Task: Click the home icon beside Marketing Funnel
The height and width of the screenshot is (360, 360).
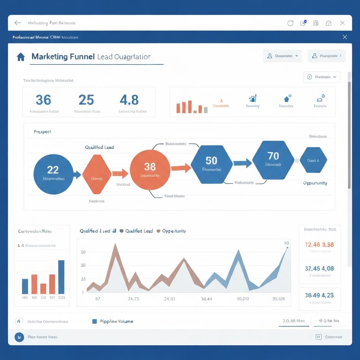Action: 21,57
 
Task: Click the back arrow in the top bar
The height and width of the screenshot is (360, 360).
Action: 18,23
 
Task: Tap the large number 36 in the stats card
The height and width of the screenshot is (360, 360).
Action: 44,100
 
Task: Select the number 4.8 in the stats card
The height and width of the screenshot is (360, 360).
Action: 129,100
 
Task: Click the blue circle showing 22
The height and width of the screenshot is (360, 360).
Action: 53,174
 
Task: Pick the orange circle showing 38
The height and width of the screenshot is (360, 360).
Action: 150,170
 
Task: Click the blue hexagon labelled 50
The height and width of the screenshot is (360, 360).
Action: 212,164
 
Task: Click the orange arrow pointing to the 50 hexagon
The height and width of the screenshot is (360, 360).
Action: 181,168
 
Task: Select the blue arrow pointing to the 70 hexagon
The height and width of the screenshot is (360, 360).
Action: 243,163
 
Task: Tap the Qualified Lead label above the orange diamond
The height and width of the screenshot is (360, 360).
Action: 99,147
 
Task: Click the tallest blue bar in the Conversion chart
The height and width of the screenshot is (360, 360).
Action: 61,277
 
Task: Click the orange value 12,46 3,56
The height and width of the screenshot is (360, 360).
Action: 319,245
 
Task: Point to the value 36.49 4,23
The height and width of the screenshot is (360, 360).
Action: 319,295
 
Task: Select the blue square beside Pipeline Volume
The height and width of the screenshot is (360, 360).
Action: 94,321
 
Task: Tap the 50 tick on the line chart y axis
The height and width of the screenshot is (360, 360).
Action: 83,252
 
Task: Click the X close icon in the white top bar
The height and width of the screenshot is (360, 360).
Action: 342,23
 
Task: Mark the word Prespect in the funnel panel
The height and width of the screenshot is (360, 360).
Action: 43,132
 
